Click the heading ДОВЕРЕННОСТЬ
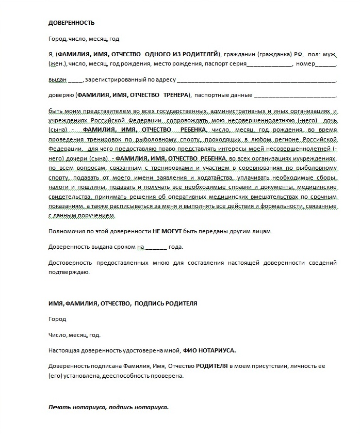[71, 23]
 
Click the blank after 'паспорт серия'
[269, 66]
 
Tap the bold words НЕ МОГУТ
[165, 231]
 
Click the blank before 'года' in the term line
[156, 248]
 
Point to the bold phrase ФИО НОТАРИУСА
[209, 350]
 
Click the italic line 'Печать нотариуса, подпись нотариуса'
[108, 407]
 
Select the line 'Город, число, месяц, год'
[84, 39]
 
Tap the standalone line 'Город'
[57, 319]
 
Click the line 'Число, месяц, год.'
[74, 335]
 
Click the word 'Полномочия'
[66, 231]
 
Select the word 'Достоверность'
[69, 263]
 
